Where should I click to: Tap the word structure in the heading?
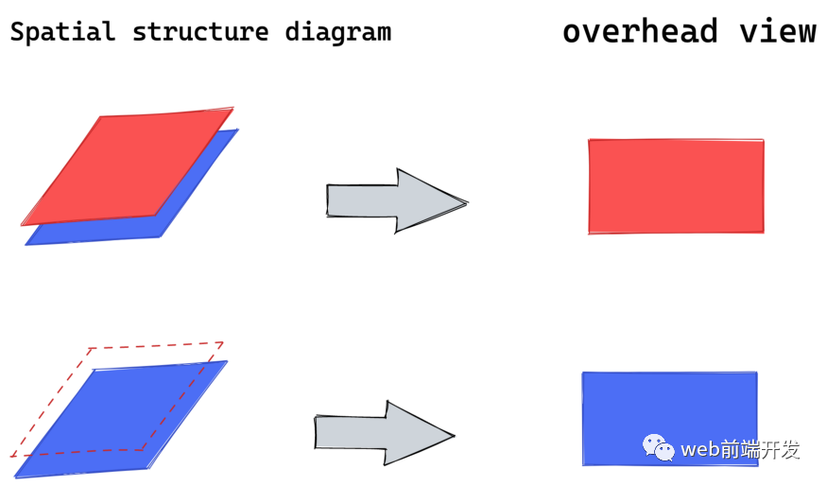point(200,32)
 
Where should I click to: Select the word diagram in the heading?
point(337,32)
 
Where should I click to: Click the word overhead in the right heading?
point(640,31)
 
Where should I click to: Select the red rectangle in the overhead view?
point(676,186)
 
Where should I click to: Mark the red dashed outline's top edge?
point(157,346)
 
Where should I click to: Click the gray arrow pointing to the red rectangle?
point(392,200)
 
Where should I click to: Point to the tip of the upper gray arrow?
point(466,201)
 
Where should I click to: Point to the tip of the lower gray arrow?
point(454,436)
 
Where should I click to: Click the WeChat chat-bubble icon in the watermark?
point(659,447)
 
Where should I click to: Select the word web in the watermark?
point(701,449)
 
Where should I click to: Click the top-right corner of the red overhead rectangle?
point(763,141)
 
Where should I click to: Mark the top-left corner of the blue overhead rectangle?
point(583,373)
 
